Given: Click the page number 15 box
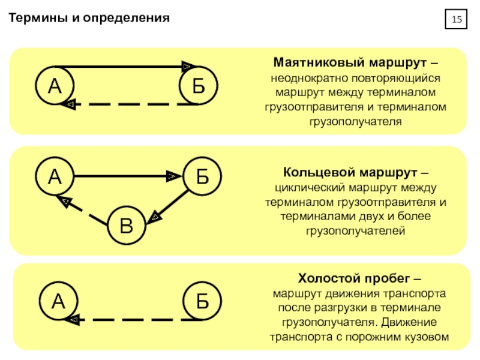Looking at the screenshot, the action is coord(456,19).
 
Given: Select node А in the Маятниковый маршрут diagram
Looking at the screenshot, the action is coord(55,86).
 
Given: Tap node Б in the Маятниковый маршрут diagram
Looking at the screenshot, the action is coord(199,86).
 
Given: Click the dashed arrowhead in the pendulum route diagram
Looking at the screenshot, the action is coord(68,104).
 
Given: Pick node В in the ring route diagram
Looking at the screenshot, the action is coord(127,226).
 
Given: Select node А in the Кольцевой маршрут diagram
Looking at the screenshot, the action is coord(55,176).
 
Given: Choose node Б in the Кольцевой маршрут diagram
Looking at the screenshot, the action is coord(202,176).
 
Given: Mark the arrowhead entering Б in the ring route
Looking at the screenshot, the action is coord(174,176).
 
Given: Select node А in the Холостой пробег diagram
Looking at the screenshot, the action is coord(58,301).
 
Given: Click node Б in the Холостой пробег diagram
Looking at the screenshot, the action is coord(202,301).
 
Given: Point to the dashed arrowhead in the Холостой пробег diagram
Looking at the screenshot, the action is coord(72,320).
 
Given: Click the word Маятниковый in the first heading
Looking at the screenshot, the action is coord(319,62).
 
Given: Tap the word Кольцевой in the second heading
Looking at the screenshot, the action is coord(319,172).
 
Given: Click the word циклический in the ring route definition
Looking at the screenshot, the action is coord(310,188).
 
